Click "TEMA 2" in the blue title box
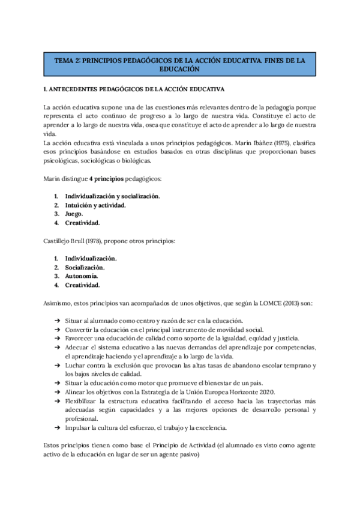(66, 61)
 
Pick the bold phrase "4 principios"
(92, 179)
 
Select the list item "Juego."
(74, 214)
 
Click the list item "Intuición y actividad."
(95, 205)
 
